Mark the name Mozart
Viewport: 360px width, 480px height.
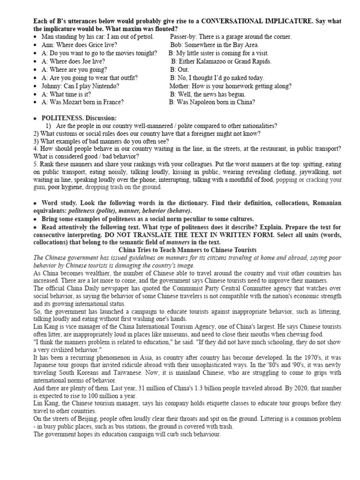[x=75, y=102]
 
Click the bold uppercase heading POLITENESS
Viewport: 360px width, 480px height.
[x=60, y=118]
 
